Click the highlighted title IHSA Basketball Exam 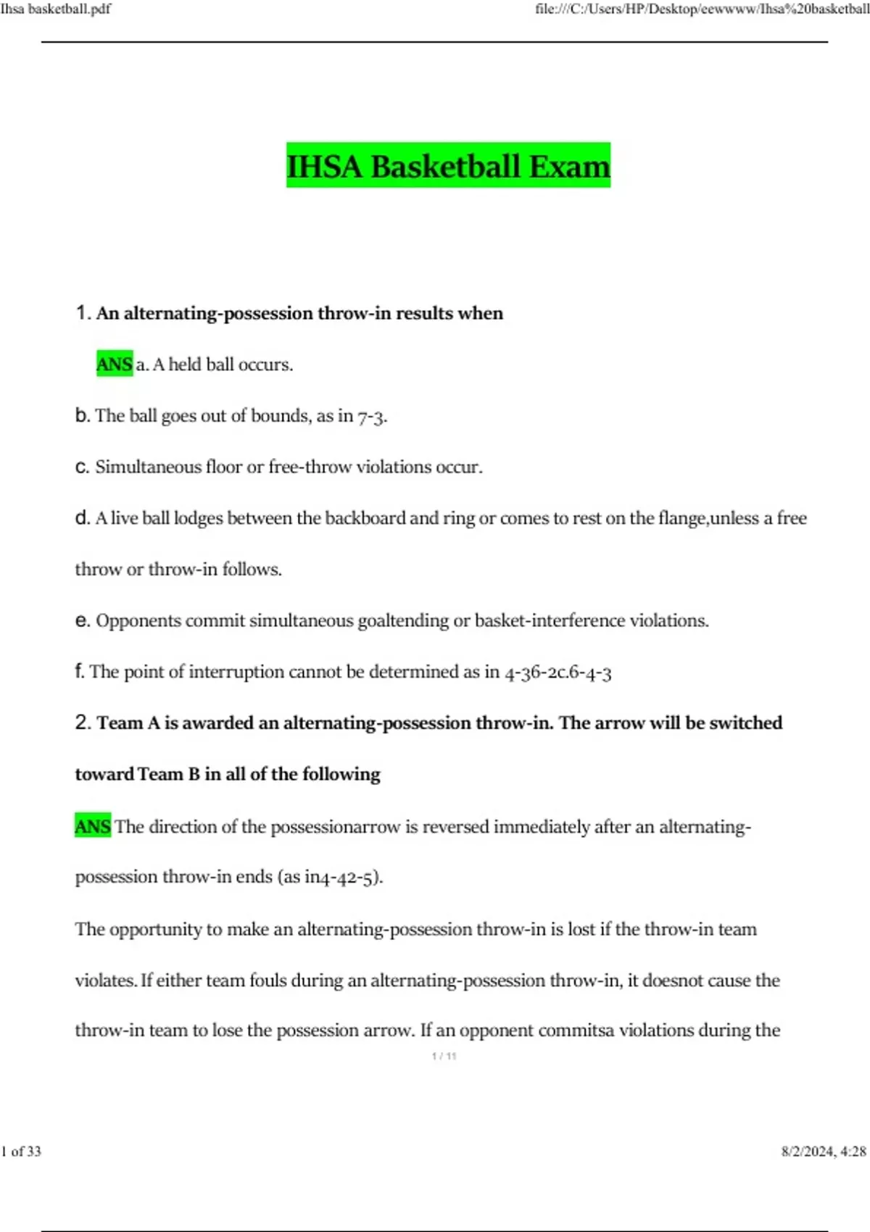point(448,165)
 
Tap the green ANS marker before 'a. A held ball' point(114,364)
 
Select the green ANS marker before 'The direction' point(93,826)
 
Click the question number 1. point(82,313)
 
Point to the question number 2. point(82,723)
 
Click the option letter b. point(82,415)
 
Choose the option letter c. point(82,467)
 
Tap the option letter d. point(82,518)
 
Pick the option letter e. point(82,620)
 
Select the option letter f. point(79,671)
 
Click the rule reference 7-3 point(372,417)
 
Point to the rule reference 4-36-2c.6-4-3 point(558,673)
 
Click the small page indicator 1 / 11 point(444,1056)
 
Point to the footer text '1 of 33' point(21,1151)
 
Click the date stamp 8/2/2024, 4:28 point(824,1151)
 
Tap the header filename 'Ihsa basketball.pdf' point(56,9)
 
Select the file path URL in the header point(702,9)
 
